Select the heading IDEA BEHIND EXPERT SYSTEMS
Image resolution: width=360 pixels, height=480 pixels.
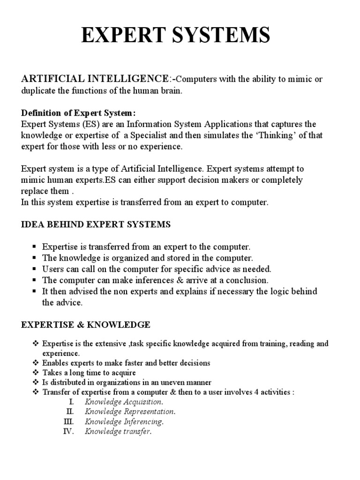point(96,225)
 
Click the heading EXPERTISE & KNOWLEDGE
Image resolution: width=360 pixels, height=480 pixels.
point(86,324)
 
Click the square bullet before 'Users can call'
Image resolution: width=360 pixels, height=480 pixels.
point(34,270)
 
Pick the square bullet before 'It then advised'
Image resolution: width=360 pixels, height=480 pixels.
point(34,292)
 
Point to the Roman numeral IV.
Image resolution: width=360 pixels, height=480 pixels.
point(68,431)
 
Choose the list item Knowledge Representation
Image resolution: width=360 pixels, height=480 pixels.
point(130,412)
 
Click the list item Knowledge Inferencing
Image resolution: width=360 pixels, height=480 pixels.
point(124,422)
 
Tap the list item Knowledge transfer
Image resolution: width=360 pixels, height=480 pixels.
point(118,432)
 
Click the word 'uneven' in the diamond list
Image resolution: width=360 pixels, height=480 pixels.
point(161,382)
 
